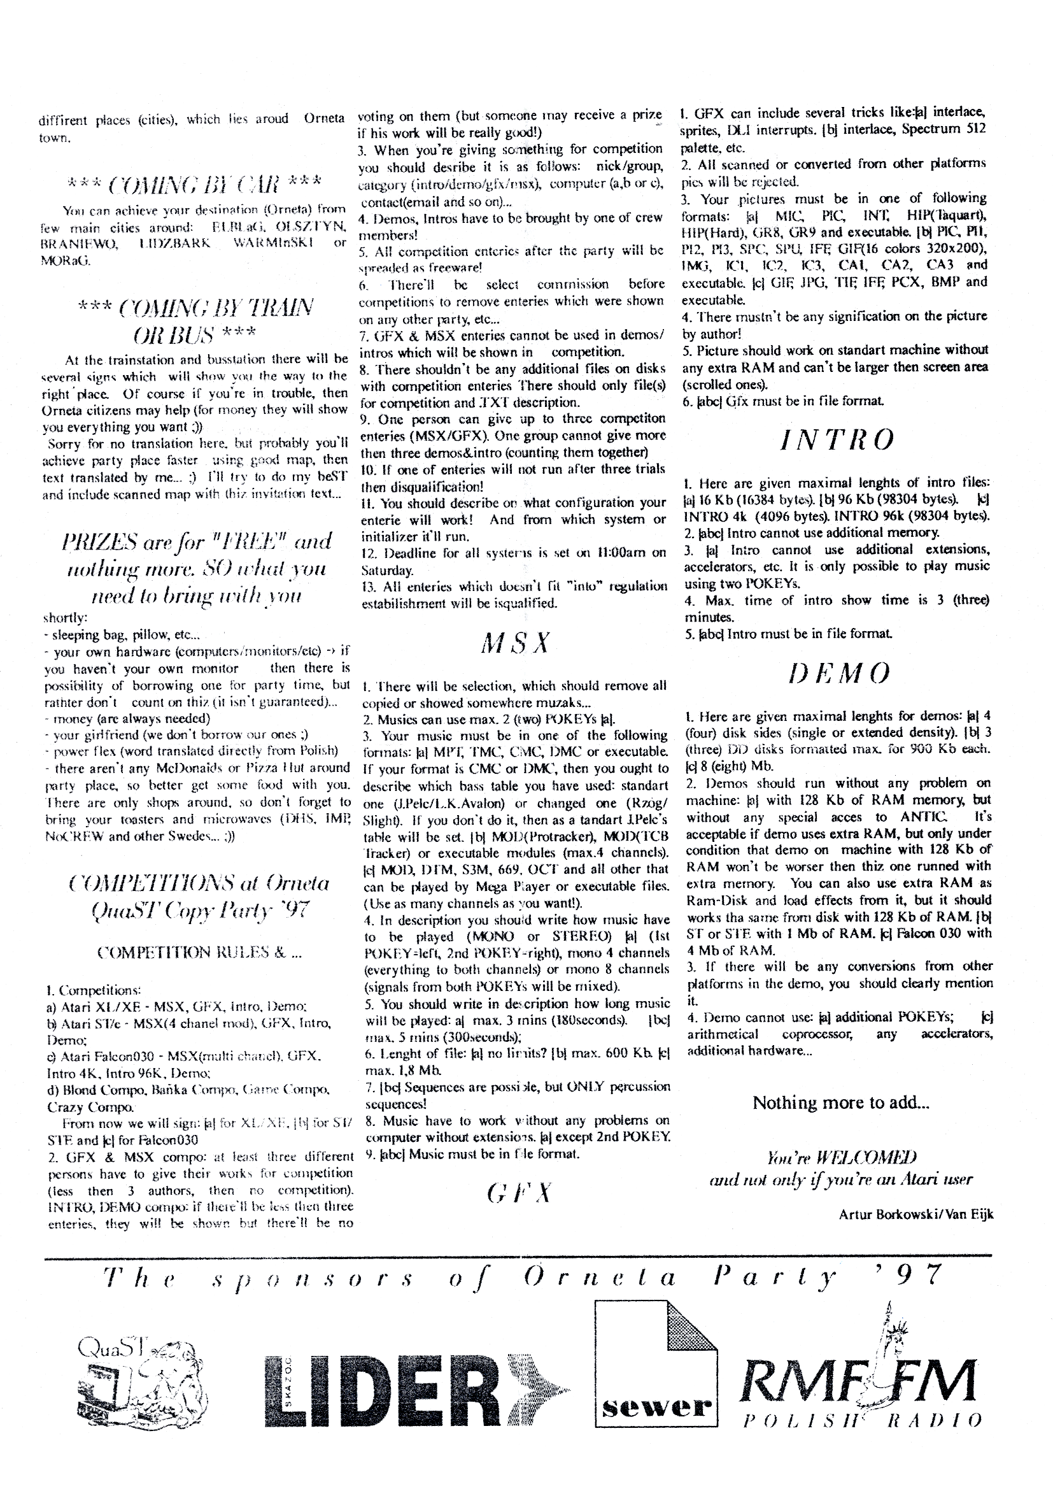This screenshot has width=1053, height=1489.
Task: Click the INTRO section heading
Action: coord(836,440)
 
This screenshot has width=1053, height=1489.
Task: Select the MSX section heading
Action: coord(515,643)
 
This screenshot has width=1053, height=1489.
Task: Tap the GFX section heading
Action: coord(519,1192)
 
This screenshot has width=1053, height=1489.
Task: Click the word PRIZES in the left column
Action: coord(108,541)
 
